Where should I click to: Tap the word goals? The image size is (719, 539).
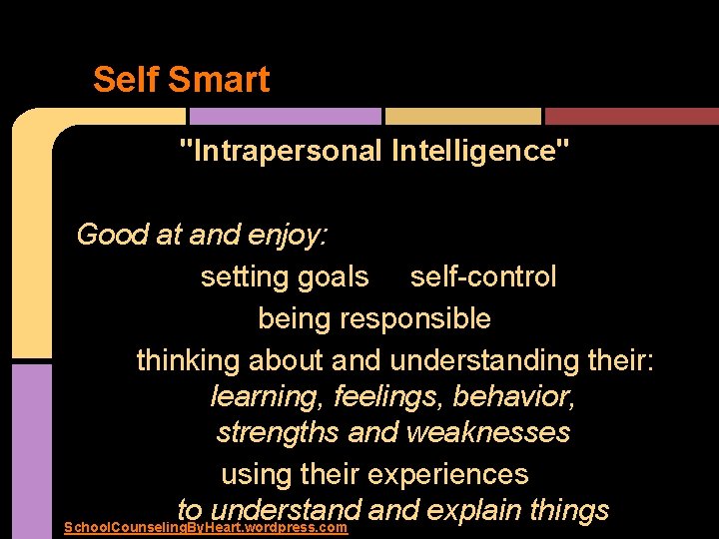pyautogui.click(x=328, y=276)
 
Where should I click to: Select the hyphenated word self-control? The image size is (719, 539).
pyautogui.click(x=483, y=276)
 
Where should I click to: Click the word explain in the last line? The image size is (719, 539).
pyautogui.click(x=471, y=510)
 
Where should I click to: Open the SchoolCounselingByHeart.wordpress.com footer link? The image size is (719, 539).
pyautogui.click(x=205, y=527)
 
